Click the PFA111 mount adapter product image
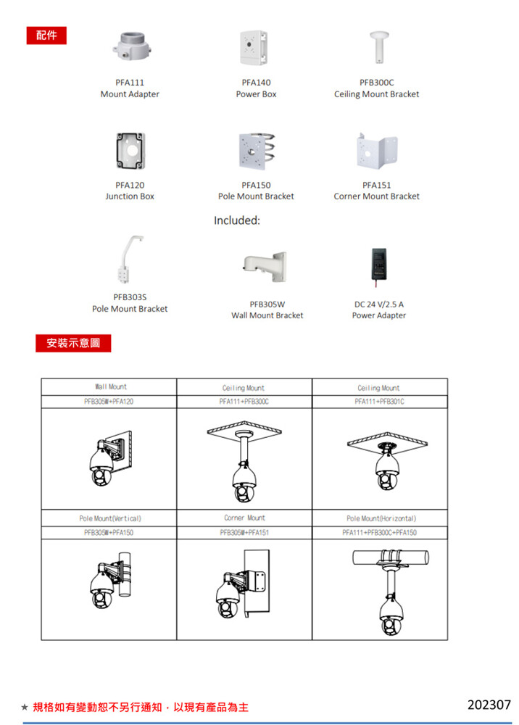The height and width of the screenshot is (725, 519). [x=130, y=46]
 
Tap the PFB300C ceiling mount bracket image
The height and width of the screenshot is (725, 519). [x=376, y=47]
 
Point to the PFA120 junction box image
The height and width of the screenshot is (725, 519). [x=130, y=149]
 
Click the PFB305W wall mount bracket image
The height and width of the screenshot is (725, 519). [x=265, y=267]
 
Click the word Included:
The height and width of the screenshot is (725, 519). [x=237, y=220]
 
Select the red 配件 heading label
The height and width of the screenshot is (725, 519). [x=46, y=35]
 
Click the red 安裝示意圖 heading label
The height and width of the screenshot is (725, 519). [x=74, y=342]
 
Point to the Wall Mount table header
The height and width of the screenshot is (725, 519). [x=109, y=387]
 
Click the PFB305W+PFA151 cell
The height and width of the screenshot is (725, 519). [x=244, y=532]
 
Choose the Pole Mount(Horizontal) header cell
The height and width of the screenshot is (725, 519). [x=380, y=518]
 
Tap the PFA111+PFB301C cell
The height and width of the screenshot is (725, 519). [x=380, y=401]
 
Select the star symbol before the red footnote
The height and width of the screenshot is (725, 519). [x=25, y=707]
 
